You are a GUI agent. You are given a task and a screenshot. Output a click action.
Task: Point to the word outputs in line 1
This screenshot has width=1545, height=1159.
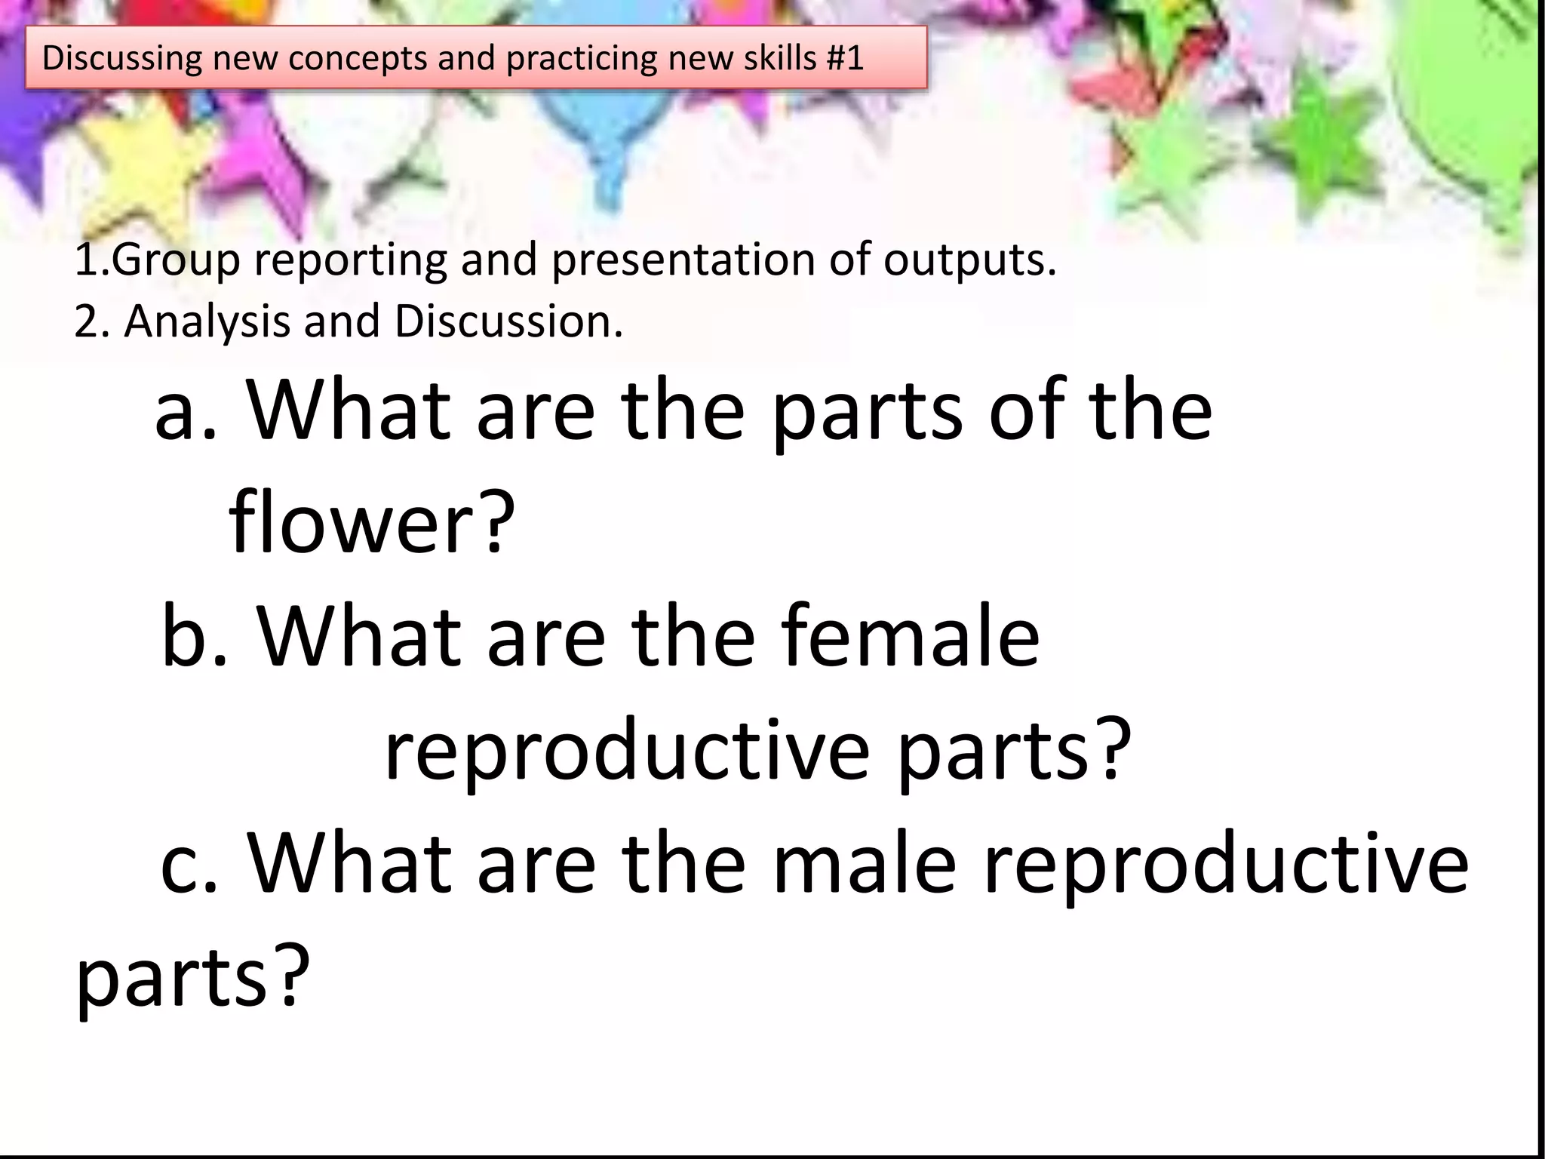tap(969, 260)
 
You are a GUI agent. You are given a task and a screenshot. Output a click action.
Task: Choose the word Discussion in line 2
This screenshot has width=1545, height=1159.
tap(508, 322)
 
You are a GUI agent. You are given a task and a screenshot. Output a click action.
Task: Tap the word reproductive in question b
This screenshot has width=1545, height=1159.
tap(627, 751)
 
